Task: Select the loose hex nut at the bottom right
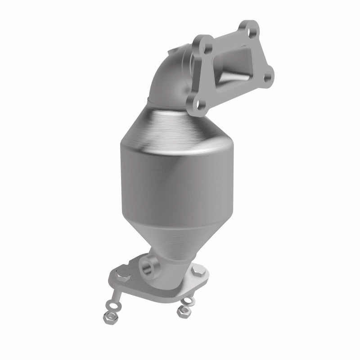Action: [182, 310]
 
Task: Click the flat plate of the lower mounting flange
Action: [153, 288]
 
